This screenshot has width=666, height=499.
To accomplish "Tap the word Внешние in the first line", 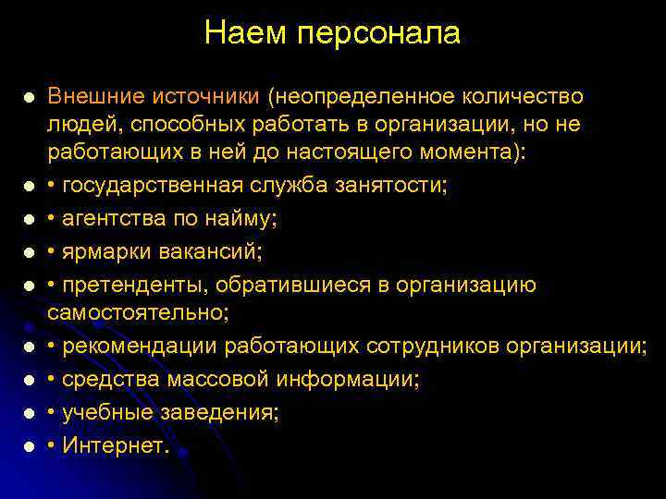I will [96, 97].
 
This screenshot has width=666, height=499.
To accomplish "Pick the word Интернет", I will [115, 445].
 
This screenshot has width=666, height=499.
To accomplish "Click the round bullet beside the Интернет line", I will [30, 446].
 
